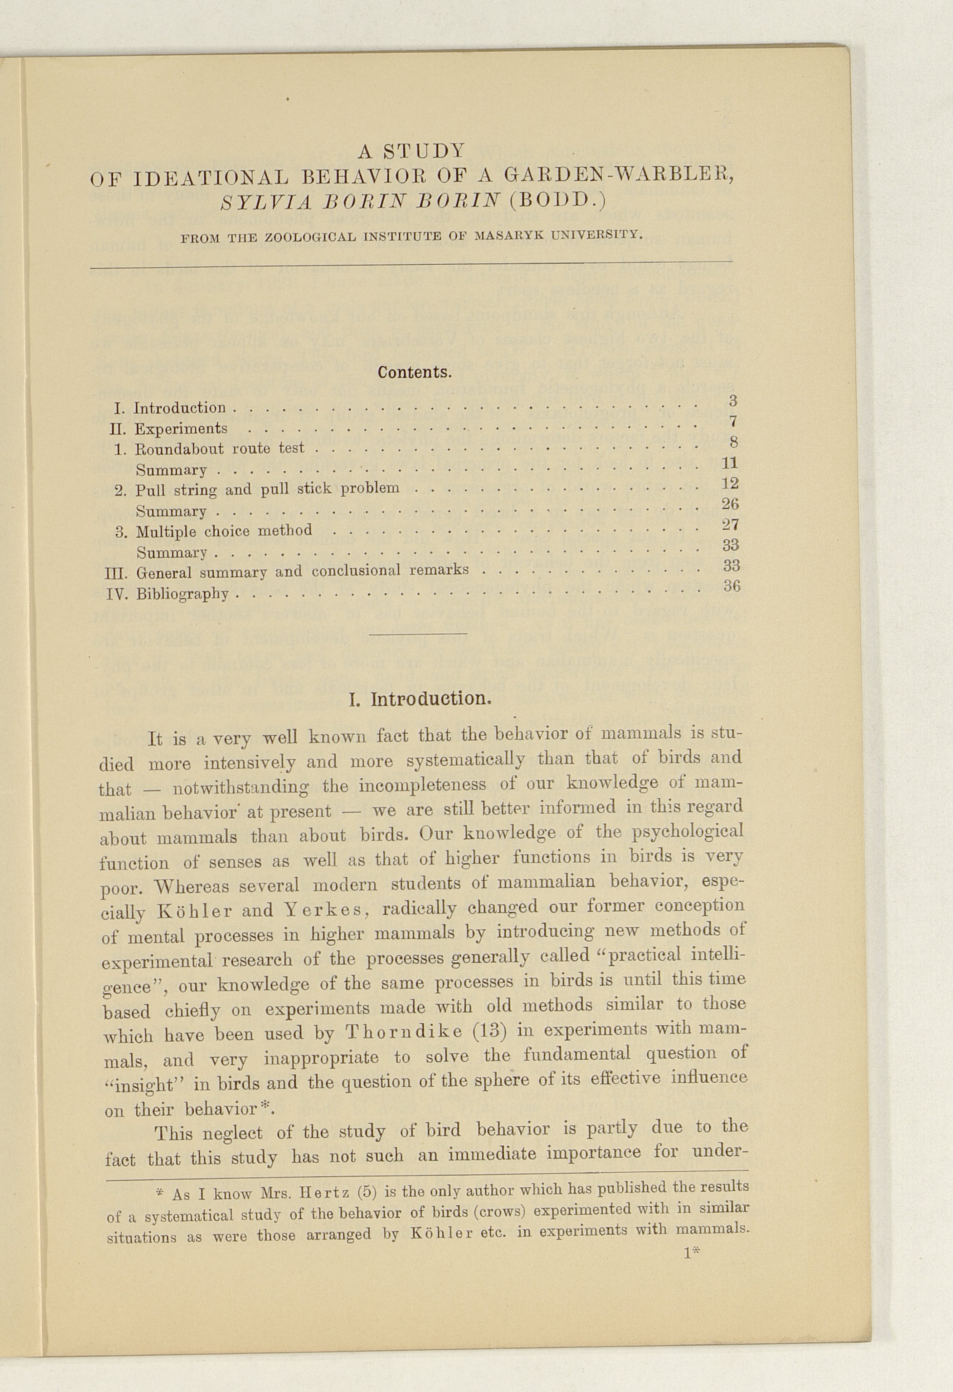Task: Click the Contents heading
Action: (414, 373)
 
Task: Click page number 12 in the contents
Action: (730, 483)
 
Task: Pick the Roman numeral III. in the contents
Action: (115, 573)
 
